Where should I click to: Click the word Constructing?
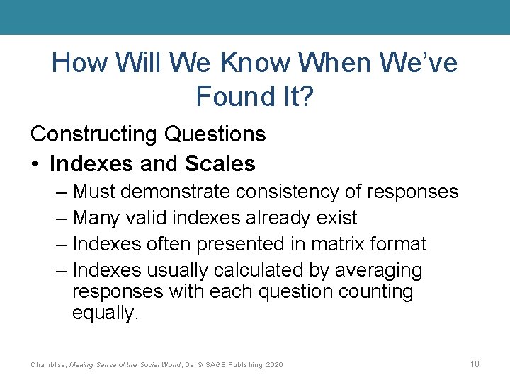point(95,134)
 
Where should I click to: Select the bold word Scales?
point(220,164)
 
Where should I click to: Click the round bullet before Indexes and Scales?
point(35,164)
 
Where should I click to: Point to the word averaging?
point(379,271)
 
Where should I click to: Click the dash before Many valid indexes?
point(61,218)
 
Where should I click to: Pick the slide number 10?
point(475,364)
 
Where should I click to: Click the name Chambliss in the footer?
point(48,364)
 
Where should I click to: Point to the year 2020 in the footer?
point(273,364)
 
